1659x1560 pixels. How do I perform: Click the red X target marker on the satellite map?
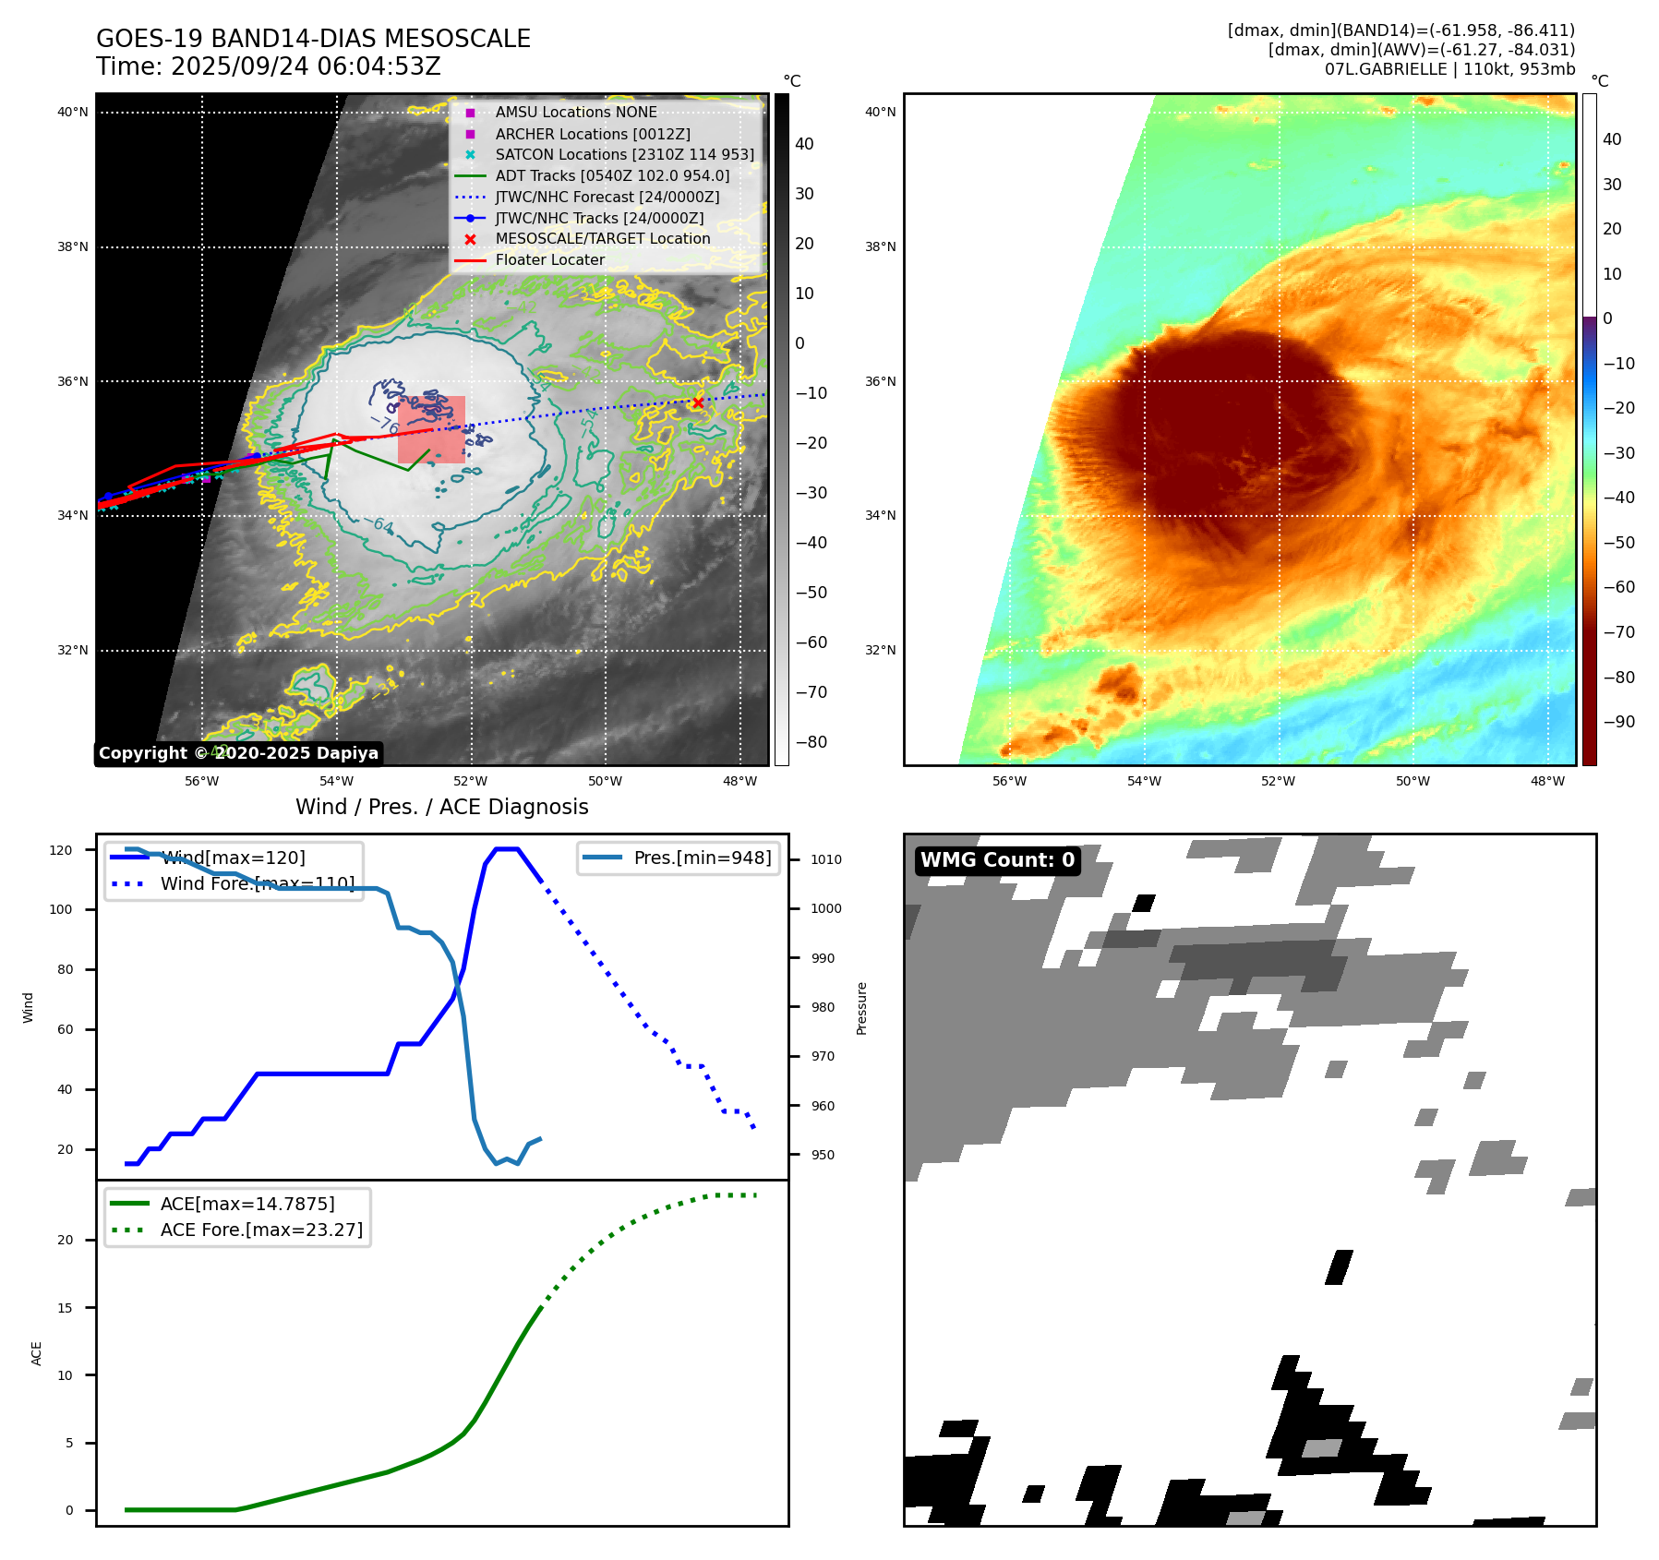[698, 402]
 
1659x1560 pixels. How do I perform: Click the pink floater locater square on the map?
[431, 429]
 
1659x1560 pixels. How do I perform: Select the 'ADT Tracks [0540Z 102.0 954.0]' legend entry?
[611, 175]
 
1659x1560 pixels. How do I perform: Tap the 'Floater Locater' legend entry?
[549, 259]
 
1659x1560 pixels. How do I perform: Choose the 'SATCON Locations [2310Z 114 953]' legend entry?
[624, 154]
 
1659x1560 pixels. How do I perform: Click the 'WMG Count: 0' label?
[997, 860]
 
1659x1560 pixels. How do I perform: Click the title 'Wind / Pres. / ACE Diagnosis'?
[441, 807]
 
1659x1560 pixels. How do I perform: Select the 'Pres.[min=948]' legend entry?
[702, 858]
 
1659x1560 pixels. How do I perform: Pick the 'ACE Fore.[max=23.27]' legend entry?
[261, 1230]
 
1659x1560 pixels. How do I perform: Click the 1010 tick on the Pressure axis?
[826, 859]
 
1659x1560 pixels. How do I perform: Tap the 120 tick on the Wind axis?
[61, 850]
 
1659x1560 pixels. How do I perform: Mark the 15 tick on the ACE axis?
[65, 1308]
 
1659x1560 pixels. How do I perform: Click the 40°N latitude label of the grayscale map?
[73, 113]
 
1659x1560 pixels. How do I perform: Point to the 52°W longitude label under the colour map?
[1278, 781]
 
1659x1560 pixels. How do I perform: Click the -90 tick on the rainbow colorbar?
[1618, 722]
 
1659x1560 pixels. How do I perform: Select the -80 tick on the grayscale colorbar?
[811, 742]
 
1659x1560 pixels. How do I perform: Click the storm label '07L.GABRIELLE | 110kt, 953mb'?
[1449, 69]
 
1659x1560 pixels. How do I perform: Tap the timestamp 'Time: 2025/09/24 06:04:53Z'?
[269, 66]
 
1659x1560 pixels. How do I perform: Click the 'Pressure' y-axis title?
[861, 1008]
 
